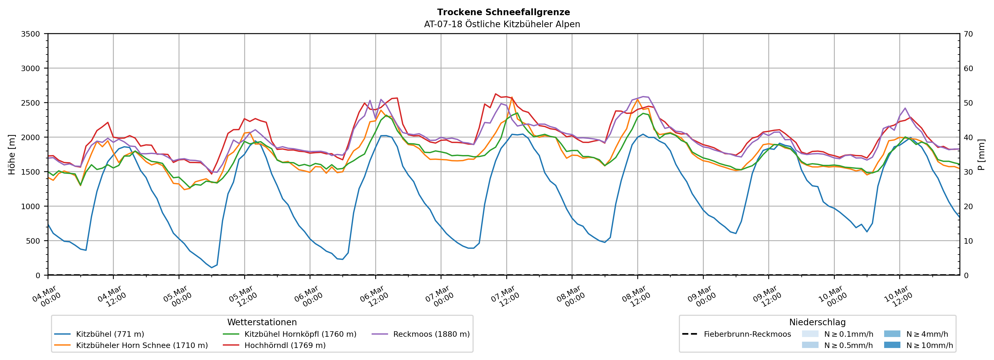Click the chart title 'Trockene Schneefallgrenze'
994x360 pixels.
click(x=503, y=12)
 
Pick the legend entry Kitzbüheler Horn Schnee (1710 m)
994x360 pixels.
click(x=142, y=345)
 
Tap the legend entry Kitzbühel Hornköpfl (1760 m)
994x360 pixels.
click(x=300, y=334)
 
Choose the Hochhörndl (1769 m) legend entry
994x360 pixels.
click(x=285, y=345)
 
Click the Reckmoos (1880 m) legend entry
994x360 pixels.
click(x=431, y=334)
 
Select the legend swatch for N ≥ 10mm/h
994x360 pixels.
click(x=892, y=345)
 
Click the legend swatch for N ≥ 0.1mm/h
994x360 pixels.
click(x=810, y=334)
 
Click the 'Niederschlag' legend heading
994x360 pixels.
click(x=817, y=322)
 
